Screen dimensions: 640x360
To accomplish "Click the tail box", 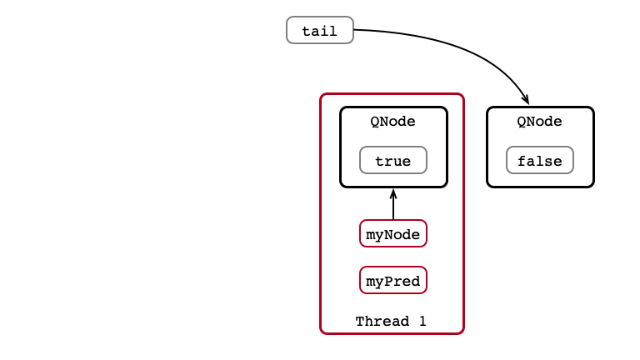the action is [320, 30].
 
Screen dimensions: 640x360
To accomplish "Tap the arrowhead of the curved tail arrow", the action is [526, 99].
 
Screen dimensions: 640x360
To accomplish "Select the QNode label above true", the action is [392, 121].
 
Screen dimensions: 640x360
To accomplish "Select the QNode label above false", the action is [539, 121].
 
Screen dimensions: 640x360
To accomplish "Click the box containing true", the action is [393, 160].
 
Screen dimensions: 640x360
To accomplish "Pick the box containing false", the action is [540, 160].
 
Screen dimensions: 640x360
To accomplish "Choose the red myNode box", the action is [393, 233].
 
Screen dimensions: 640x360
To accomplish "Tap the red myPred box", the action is [393, 280].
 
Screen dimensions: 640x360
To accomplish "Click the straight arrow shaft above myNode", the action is [393, 204].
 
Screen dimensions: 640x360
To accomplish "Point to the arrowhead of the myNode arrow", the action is [393, 193].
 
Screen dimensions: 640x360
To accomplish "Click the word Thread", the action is [382, 321].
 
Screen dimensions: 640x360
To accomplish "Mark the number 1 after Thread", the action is [422, 321].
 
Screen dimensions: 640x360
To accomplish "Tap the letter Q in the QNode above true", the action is [375, 122].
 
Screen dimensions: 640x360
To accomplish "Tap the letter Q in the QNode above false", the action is [521, 122].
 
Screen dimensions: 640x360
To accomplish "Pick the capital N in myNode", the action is [388, 234].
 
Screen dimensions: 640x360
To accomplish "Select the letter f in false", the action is [522, 161].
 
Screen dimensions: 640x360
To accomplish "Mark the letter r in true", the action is [388, 162].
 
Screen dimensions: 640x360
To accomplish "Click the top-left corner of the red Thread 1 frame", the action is [321, 94].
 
